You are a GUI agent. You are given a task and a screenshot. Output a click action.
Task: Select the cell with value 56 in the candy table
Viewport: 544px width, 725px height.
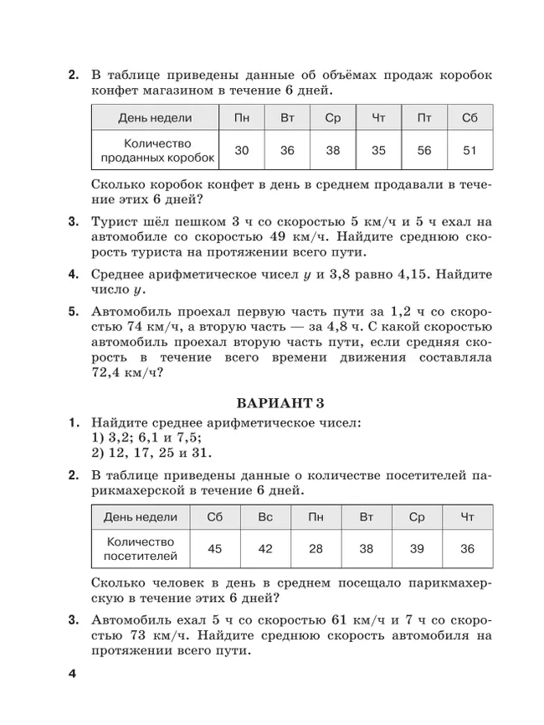[423, 151]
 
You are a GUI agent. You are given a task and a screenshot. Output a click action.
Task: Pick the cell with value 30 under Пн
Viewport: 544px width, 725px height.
[242, 151]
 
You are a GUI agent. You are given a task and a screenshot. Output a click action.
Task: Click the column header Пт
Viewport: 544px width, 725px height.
[423, 118]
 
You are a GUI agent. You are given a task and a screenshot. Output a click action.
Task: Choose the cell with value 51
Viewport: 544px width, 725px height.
[469, 151]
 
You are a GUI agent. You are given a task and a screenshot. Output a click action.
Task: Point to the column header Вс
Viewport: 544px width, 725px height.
[265, 516]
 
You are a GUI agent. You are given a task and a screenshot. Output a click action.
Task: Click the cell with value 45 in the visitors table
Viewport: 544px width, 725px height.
[215, 549]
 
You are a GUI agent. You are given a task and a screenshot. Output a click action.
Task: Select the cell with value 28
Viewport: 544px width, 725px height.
[316, 549]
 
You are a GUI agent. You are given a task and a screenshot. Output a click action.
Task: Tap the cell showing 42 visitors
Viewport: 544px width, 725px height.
[265, 549]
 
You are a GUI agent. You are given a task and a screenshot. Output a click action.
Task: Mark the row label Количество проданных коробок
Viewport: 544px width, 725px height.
[157, 150]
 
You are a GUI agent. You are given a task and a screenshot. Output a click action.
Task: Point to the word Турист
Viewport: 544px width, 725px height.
[115, 222]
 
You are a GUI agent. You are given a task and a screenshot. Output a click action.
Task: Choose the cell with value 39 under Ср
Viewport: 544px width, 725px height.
[417, 549]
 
